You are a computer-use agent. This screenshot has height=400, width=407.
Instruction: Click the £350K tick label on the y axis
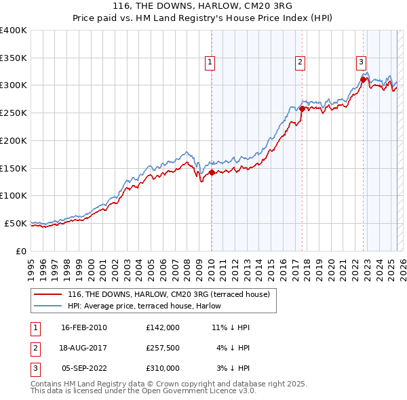(14, 58)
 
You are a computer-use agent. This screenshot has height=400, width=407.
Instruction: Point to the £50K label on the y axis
(16, 223)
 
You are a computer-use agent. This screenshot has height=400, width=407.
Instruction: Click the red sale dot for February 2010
(212, 172)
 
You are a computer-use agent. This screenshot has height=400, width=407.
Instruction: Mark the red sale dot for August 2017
(302, 108)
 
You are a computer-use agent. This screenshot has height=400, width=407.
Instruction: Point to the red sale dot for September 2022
(363, 79)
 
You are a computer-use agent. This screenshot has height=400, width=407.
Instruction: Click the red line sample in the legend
(47, 294)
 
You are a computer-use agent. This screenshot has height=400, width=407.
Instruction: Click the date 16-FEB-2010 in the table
(84, 327)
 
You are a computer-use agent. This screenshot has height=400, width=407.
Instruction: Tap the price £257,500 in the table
(163, 348)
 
